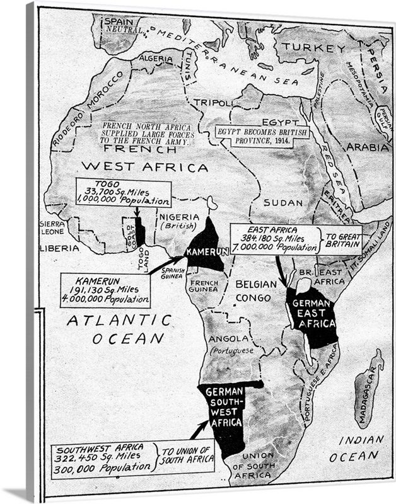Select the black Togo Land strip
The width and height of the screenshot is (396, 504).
tap(140, 233)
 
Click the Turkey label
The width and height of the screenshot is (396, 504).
tap(309, 47)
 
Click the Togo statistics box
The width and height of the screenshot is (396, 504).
tap(123, 193)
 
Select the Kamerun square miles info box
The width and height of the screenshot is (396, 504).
tap(105, 290)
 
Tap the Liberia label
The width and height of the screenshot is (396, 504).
tap(60, 248)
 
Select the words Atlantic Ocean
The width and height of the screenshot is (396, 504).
tap(120, 329)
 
